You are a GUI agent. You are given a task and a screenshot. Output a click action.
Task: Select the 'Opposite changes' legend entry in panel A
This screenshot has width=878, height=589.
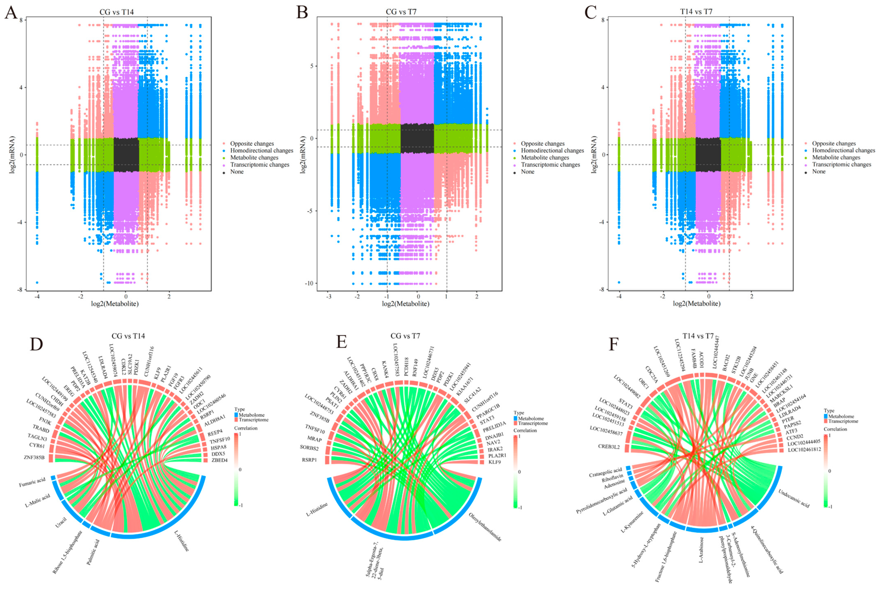252,144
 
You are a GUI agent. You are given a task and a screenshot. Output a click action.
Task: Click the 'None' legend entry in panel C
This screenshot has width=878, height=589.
819,171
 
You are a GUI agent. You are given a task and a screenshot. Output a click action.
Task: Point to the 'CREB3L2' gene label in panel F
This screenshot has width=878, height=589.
609,447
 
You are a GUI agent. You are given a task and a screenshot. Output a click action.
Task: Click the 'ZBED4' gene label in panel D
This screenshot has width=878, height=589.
219,460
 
